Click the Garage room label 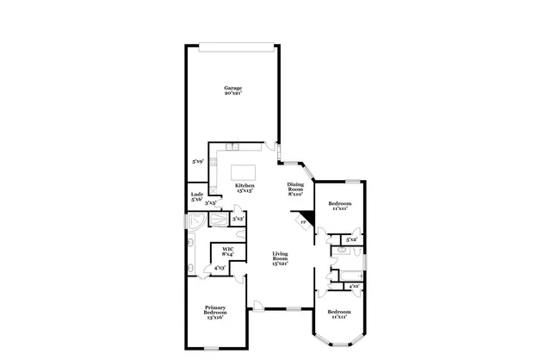[232, 90]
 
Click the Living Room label [280, 258]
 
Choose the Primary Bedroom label [214, 313]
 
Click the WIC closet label [228, 251]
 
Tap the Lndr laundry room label [196, 197]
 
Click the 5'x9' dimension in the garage [198, 161]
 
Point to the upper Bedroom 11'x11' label [337, 206]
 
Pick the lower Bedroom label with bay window [338, 313]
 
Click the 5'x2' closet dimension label [350, 239]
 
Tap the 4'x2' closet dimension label [353, 286]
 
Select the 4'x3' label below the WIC [220, 269]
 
